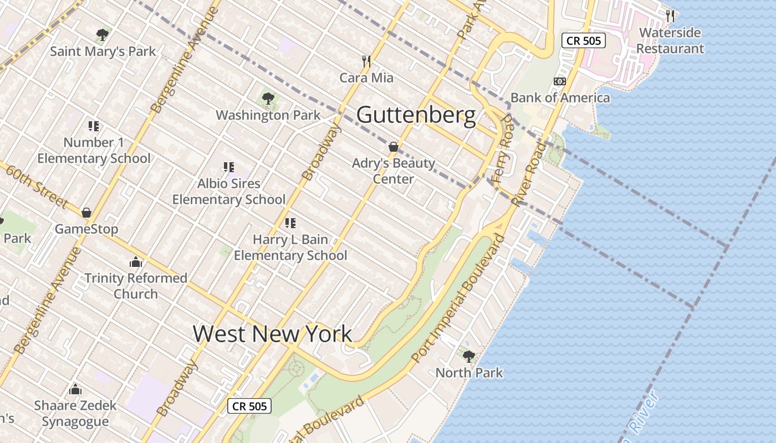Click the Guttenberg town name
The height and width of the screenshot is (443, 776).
[416, 115]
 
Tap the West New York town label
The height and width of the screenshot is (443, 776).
[272, 333]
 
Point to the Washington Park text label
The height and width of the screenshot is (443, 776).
[268, 115]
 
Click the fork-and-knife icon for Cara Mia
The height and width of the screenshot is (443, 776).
[366, 61]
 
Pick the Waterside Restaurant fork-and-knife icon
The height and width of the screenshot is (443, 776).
[670, 16]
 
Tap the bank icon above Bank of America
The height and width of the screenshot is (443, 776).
[560, 81]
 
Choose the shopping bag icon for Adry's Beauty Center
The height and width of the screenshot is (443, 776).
[394, 147]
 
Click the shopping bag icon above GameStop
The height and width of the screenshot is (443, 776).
[86, 213]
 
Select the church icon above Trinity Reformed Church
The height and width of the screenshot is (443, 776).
[136, 262]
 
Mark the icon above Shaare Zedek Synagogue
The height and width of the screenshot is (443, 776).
[75, 389]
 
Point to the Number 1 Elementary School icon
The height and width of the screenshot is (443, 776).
[94, 126]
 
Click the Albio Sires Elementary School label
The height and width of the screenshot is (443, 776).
[229, 191]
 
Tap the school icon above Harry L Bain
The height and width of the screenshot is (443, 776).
[290, 223]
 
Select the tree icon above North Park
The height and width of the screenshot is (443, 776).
[469, 356]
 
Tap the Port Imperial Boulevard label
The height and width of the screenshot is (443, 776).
[459, 299]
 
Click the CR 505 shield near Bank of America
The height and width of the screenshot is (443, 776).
[584, 40]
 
